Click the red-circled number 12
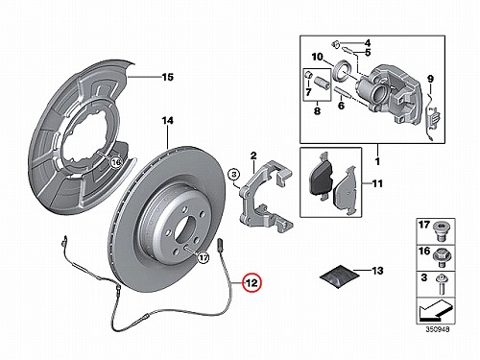(x=252, y=283)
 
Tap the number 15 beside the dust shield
(x=168, y=77)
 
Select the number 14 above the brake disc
(x=167, y=121)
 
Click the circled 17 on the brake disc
(x=203, y=257)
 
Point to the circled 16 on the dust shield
(x=116, y=162)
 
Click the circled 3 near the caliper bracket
(x=234, y=175)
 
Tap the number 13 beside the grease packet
(x=377, y=271)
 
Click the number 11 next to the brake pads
(x=377, y=183)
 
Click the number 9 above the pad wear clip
(x=430, y=79)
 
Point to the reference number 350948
(x=437, y=329)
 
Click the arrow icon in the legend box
(x=436, y=310)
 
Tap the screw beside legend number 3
(x=441, y=284)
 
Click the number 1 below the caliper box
(x=377, y=161)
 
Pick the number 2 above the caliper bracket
(x=253, y=156)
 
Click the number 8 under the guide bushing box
(x=317, y=111)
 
